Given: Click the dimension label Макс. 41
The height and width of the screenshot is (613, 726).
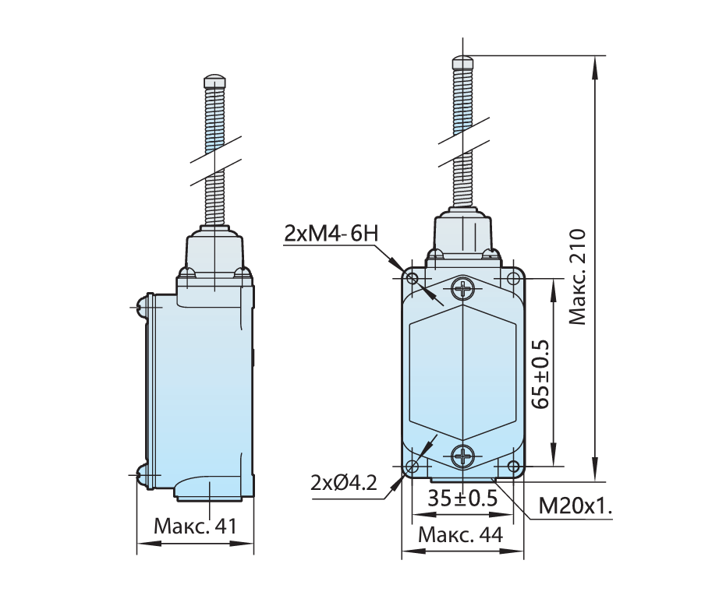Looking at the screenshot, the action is [195, 526].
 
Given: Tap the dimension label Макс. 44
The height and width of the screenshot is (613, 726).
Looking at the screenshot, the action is [460, 535].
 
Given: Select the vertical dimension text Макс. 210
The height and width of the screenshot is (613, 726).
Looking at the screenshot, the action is [577, 277].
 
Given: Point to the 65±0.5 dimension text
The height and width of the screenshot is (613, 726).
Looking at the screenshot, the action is [540, 374].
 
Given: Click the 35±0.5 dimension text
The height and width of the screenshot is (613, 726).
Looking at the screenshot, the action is [462, 499].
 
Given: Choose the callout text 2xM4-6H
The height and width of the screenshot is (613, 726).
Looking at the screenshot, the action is [331, 234].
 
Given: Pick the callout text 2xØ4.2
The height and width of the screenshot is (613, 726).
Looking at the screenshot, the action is [344, 483].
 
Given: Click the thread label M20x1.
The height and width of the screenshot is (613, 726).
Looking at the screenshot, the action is [575, 506].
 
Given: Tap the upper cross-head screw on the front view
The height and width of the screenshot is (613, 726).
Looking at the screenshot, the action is [462, 289].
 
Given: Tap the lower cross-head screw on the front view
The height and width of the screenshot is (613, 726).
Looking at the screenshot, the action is [462, 456].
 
